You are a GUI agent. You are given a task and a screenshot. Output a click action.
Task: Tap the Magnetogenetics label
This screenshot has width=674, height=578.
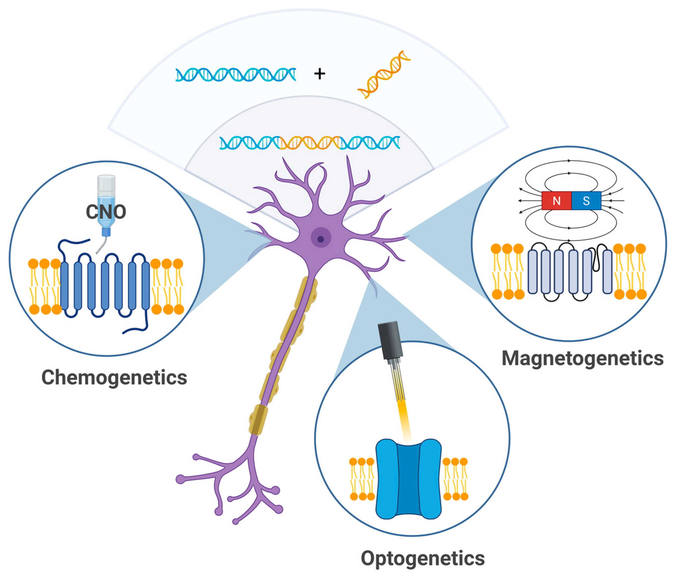[582, 358]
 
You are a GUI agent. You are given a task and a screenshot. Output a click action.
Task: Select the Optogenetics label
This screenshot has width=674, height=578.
[423, 558]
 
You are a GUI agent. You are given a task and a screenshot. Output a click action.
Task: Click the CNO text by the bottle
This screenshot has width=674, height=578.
[106, 212]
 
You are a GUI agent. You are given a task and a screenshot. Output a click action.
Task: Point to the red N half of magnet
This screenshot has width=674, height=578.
[556, 201]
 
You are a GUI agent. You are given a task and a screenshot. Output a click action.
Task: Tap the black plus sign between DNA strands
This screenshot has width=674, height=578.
[320, 74]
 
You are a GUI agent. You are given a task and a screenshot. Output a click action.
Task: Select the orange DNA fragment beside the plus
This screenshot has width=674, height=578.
[384, 75]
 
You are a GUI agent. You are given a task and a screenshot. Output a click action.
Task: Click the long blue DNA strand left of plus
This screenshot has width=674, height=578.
[236, 75]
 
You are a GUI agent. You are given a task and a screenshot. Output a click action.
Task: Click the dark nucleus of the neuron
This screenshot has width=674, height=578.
[321, 239]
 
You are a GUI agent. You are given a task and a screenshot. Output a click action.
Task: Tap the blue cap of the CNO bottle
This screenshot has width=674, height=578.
[106, 232]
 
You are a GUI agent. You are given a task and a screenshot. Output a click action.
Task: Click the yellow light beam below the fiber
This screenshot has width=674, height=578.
[405, 419]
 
